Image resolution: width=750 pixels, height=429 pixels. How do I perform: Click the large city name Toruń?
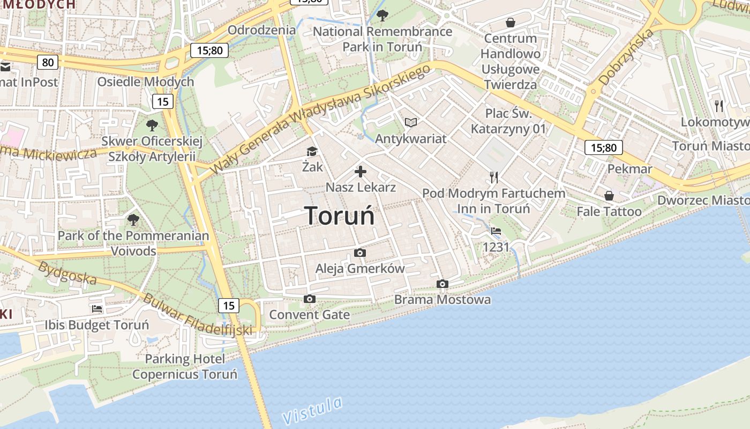coord(340,216)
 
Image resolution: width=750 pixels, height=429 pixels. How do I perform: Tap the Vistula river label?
coord(312,411)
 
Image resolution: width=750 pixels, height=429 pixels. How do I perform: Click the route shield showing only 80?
coord(48,62)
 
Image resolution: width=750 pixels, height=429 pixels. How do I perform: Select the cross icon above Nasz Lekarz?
coord(361,172)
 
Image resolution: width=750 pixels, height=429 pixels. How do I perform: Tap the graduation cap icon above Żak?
coord(312,152)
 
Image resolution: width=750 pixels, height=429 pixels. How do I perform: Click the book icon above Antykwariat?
coord(410,123)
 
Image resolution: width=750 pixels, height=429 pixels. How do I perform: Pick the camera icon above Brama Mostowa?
coord(442,284)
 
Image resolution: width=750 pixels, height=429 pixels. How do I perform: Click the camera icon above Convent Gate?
coord(309,299)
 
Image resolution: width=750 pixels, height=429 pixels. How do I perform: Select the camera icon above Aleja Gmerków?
coord(360,253)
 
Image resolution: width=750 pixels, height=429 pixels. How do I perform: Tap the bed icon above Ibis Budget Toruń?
coord(97,308)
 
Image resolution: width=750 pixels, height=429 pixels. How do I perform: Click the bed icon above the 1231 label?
coord(496,231)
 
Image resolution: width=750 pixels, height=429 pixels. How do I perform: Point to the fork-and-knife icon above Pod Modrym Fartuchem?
coord(494,177)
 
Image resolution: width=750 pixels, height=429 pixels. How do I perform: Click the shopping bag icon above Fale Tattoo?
coord(609,195)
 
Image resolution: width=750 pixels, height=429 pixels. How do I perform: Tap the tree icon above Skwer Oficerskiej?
coord(152,125)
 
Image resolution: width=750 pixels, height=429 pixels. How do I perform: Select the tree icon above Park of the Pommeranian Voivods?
coord(133,220)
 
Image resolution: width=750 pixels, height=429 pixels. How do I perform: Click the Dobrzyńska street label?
coord(626,58)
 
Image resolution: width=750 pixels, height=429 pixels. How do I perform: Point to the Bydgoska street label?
coord(67,273)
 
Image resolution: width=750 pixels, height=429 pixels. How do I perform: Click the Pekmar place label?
coord(629,169)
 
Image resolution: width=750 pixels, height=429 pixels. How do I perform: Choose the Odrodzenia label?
coord(261,29)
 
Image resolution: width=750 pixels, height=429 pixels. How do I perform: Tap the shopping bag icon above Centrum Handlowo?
coord(510,23)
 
